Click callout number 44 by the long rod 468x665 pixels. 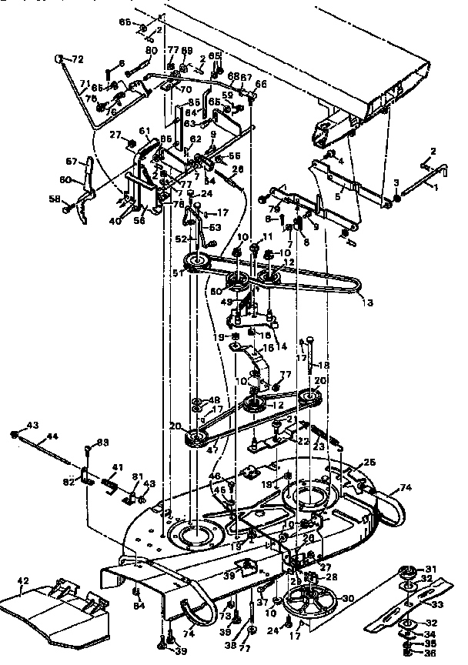[x=52, y=436]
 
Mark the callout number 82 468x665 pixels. [x=69, y=482]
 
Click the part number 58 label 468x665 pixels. [x=55, y=199]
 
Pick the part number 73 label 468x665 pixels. [x=225, y=616]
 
